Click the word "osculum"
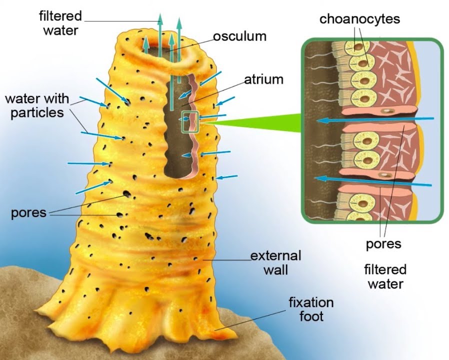(239, 36)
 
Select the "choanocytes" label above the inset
(360, 19)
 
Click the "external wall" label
(276, 262)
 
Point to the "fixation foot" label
(310, 309)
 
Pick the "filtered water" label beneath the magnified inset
(385, 276)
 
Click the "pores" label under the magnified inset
(383, 244)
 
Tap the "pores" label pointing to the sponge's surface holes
(28, 212)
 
